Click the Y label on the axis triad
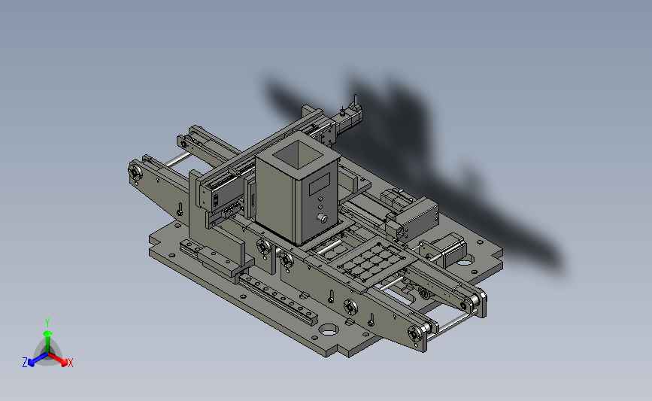coord(47,323)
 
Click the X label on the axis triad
coord(70,363)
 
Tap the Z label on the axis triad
coord(25,363)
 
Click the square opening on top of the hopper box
coord(298,154)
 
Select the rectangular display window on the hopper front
coord(320,184)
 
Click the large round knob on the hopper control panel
coord(322,218)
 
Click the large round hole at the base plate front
coord(329,330)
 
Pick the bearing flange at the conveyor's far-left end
coord(135,172)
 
